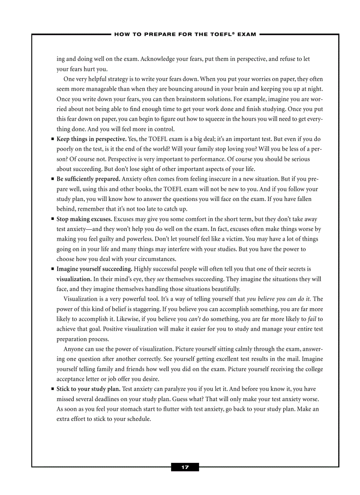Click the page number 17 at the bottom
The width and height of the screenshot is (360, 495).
coord(185,467)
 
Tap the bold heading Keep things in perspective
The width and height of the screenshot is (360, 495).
coord(91,139)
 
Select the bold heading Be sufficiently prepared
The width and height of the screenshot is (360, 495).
coord(88,179)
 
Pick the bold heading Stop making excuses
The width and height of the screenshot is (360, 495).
coord(84,219)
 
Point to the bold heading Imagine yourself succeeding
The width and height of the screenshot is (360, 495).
coord(94,269)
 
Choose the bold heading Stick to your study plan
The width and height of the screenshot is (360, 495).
coord(88,389)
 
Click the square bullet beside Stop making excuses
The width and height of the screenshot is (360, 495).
coord(52,219)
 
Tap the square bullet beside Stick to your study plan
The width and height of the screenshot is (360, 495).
coord(52,389)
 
